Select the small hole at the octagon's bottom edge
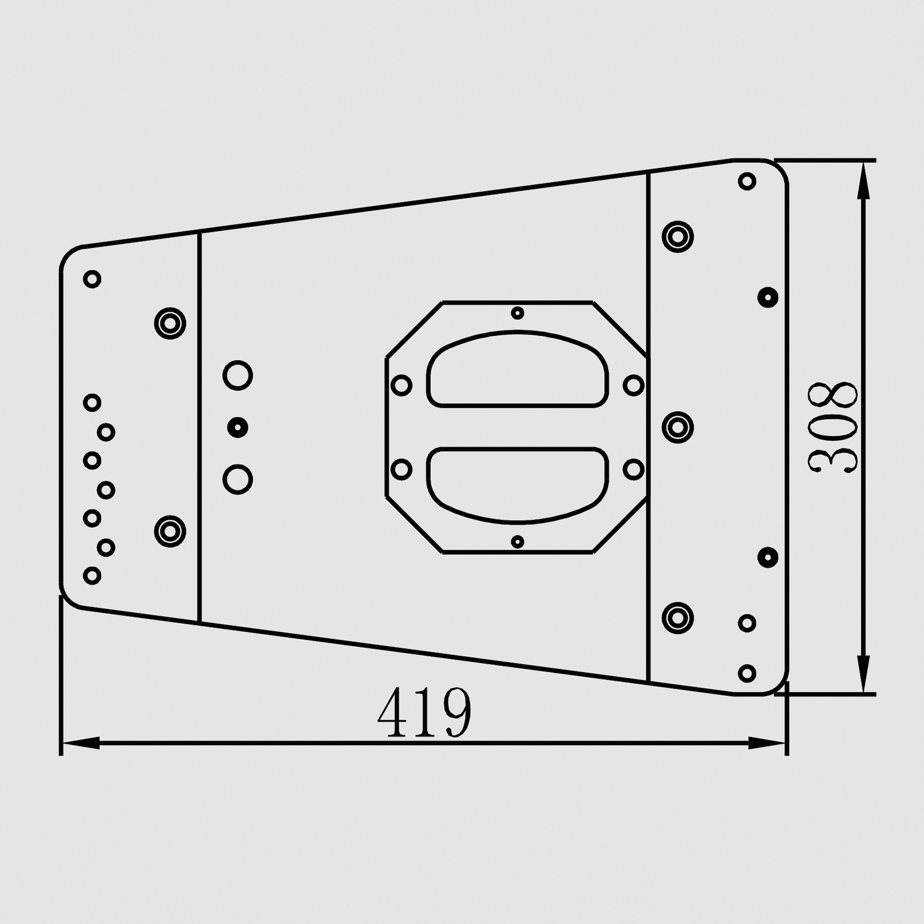click(518, 542)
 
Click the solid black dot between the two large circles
click(238, 427)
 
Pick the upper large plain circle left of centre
click(238, 375)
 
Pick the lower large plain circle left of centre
click(238, 479)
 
